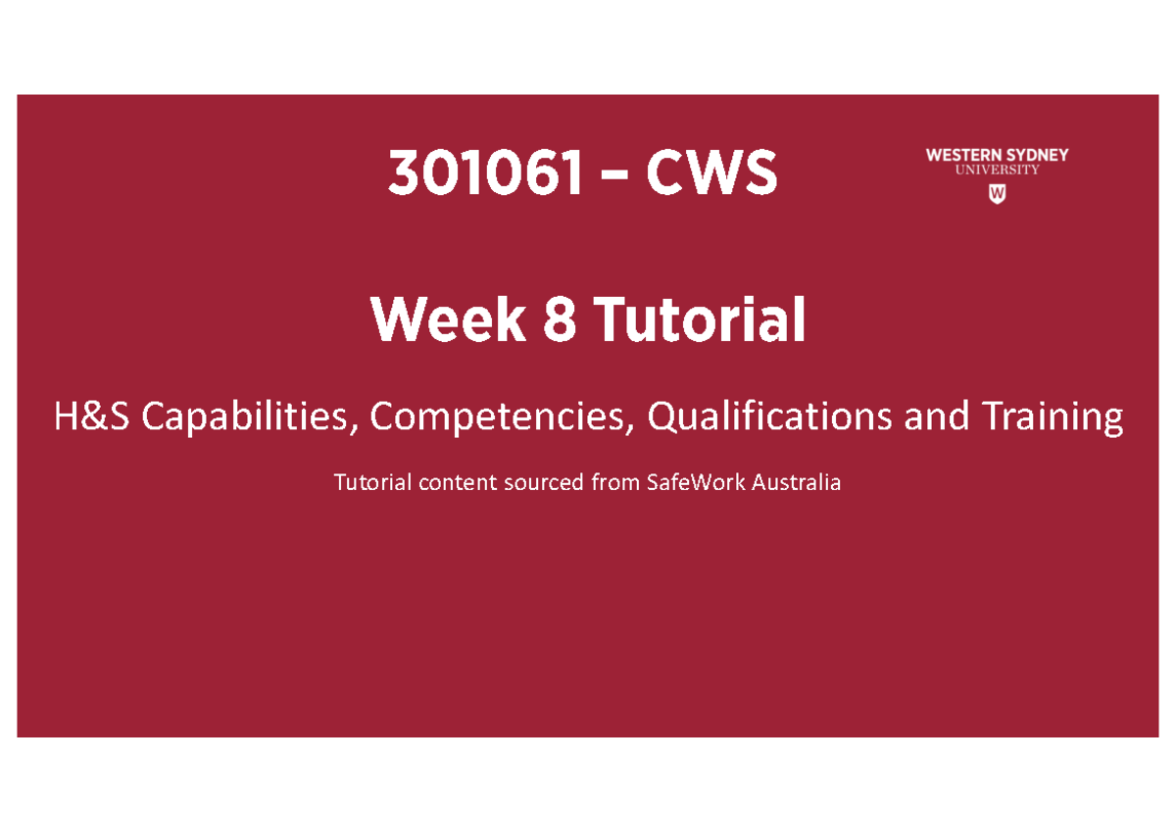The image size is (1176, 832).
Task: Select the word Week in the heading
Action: tap(447, 321)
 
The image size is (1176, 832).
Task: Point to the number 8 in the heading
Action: tap(559, 321)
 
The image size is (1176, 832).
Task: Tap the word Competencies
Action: tap(497, 418)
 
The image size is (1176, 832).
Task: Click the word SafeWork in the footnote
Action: tap(692, 482)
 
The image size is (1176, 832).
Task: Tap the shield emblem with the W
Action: tap(997, 194)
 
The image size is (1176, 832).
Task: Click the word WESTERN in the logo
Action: tap(965, 155)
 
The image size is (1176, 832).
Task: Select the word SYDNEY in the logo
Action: tap(1038, 155)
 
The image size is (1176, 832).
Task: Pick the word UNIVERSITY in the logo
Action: tap(998, 171)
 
